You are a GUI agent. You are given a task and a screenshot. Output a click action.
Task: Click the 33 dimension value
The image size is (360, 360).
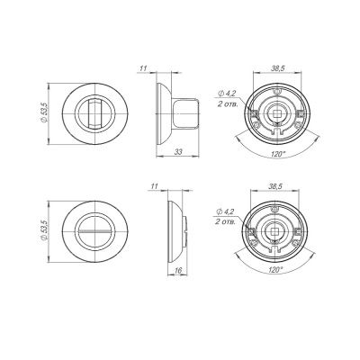coord(178,152)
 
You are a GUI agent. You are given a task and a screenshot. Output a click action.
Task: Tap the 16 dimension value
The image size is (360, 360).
coord(178,271)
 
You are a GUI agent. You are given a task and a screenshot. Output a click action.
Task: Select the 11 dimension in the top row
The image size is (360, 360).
coord(143,68)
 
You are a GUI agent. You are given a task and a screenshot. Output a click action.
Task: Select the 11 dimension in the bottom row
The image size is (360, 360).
coord(154,186)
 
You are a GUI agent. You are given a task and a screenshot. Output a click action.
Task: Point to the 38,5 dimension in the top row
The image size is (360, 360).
coord(278,68)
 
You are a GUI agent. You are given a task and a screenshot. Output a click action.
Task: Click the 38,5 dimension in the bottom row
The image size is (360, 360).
coord(275,186)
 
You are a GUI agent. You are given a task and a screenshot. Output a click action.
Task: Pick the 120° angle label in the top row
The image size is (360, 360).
coord(277,154)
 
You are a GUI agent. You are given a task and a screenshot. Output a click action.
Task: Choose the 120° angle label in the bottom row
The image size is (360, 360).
coord(275,269)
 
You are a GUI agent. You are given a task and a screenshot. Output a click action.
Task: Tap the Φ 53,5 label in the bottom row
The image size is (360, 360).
coord(44,230)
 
